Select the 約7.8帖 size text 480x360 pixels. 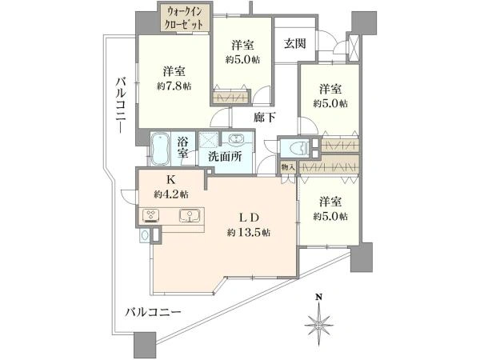[x=174, y=86]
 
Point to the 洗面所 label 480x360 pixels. [x=224, y=157]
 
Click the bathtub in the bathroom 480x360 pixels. [x=162, y=148]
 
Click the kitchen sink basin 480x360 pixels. [x=188, y=214]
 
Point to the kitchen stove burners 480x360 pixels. [x=152, y=214]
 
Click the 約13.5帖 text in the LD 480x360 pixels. [x=248, y=233]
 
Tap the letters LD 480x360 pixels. [x=248, y=216]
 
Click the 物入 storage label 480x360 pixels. [x=288, y=167]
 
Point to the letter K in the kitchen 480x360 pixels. [x=172, y=180]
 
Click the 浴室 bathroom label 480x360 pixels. [x=183, y=147]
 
